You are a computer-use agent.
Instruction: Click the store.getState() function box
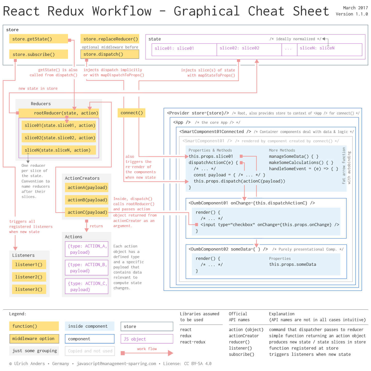click(x=39, y=39)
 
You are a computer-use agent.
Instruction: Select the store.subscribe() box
click(x=39, y=54)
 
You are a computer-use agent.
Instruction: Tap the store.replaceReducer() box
click(x=110, y=39)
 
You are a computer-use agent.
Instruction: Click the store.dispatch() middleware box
click(x=110, y=54)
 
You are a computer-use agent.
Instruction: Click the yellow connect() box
click(x=131, y=113)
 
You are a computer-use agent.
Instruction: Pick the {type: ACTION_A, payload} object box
click(x=87, y=249)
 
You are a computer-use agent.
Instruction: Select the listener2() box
click(x=29, y=277)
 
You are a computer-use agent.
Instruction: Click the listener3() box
click(x=29, y=289)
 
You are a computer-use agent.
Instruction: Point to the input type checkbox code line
click(x=269, y=225)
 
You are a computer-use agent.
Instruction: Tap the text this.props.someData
click(x=292, y=264)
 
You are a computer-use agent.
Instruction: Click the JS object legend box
click(x=147, y=339)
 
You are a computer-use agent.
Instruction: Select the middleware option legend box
click(x=34, y=339)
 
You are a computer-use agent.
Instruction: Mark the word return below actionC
click(x=96, y=226)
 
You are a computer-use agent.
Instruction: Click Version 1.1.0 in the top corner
click(x=352, y=14)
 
